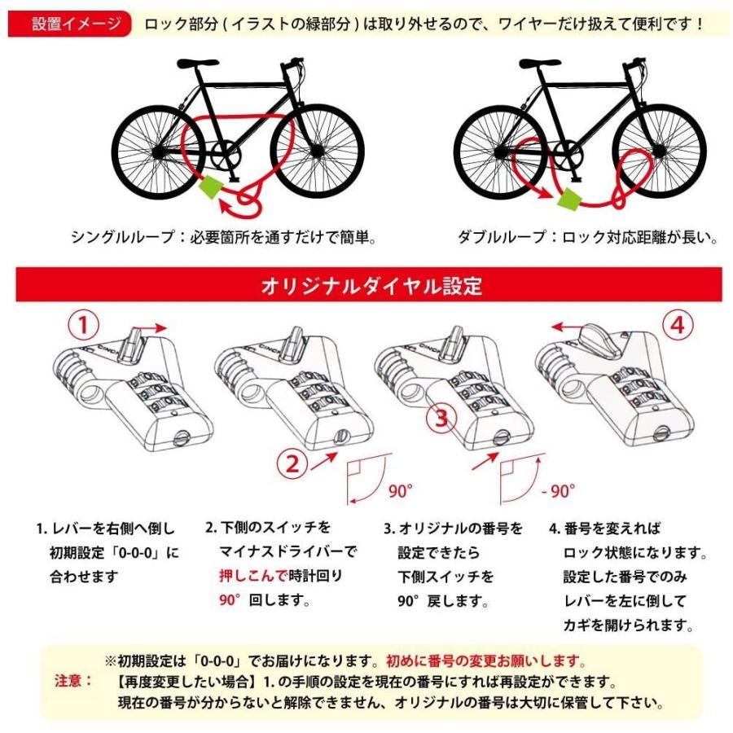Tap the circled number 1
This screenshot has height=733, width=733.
click(x=84, y=327)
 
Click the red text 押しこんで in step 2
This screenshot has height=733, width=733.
click(x=252, y=576)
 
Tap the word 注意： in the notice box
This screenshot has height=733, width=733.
click(x=74, y=679)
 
